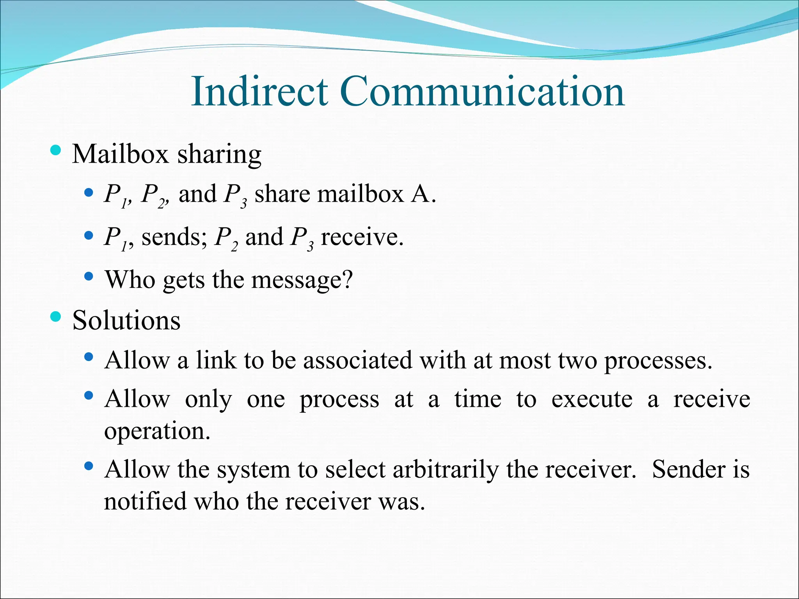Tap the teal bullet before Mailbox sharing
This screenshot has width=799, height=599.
56,150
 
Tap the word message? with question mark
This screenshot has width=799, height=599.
302,280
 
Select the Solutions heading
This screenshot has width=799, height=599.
126,321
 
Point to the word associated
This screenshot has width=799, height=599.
357,360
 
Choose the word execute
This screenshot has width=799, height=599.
592,400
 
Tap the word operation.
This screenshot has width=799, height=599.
157,432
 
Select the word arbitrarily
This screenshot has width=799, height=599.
446,470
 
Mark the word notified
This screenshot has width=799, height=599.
145,501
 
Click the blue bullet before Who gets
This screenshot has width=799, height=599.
89,276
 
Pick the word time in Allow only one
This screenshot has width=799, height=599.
478,399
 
